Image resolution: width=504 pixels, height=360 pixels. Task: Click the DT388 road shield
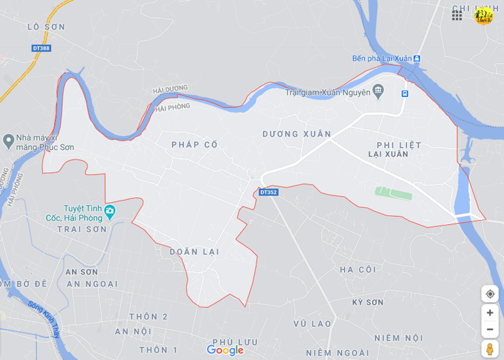pyautogui.click(x=41, y=48)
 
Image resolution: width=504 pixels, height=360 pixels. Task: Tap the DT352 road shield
pyautogui.click(x=268, y=192)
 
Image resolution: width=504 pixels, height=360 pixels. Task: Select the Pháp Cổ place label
pyautogui.click(x=195, y=144)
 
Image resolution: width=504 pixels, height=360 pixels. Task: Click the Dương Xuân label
pyautogui.click(x=297, y=134)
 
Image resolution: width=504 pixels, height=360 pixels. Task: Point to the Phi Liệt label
pyautogui.click(x=399, y=145)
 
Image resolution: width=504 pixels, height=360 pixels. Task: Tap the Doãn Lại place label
pyautogui.click(x=194, y=252)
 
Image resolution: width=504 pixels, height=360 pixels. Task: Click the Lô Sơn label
pyautogui.click(x=46, y=27)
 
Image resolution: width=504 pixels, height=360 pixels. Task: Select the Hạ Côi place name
pyautogui.click(x=358, y=269)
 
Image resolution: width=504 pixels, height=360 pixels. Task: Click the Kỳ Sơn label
pyautogui.click(x=368, y=302)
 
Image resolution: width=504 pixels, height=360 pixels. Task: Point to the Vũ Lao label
pyautogui.click(x=312, y=323)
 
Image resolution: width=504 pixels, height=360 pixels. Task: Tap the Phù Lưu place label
pyautogui.click(x=235, y=341)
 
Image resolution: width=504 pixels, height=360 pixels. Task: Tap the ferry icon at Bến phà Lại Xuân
pyautogui.click(x=417, y=58)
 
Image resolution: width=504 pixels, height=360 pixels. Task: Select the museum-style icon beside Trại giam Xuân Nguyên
pyautogui.click(x=378, y=93)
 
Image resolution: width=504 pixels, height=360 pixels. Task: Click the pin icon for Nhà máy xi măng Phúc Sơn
pyautogui.click(x=8, y=141)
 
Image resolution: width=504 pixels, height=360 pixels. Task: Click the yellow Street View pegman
pyautogui.click(x=490, y=349)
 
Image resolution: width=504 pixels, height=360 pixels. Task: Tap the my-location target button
pyautogui.click(x=490, y=293)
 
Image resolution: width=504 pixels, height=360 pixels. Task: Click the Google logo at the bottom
pyautogui.click(x=225, y=351)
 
